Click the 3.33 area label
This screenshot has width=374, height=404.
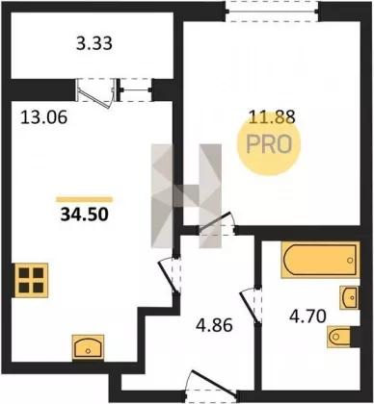pyautogui.click(x=94, y=43)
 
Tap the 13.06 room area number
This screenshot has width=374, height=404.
pyautogui.click(x=43, y=116)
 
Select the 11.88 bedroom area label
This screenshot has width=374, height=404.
pyautogui.click(x=272, y=116)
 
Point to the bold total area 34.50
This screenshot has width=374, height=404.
pyautogui.click(x=84, y=215)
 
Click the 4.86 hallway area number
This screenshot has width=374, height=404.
pyautogui.click(x=214, y=325)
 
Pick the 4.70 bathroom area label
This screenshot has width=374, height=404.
pyautogui.click(x=307, y=316)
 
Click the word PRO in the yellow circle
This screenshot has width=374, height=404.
pyautogui.click(x=269, y=144)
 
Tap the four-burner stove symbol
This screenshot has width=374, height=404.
pyautogui.click(x=31, y=281)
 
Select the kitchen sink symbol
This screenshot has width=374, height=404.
pyautogui.click(x=88, y=347)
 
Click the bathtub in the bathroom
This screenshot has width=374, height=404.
pyautogui.click(x=320, y=260)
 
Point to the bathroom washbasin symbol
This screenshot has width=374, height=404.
pyautogui.click(x=350, y=297)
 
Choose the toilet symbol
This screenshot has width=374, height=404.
pyautogui.click(x=339, y=337)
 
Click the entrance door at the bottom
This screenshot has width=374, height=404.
pyautogui.click(x=212, y=384)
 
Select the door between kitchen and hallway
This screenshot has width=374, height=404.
pyautogui.click(x=170, y=275)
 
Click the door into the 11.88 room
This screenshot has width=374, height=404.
pyautogui.click(x=216, y=223)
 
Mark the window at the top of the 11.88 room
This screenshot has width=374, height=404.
pyautogui.click(x=272, y=12)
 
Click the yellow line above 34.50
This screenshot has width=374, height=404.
pyautogui.click(x=84, y=199)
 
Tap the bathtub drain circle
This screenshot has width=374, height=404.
pyautogui.click(x=350, y=261)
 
